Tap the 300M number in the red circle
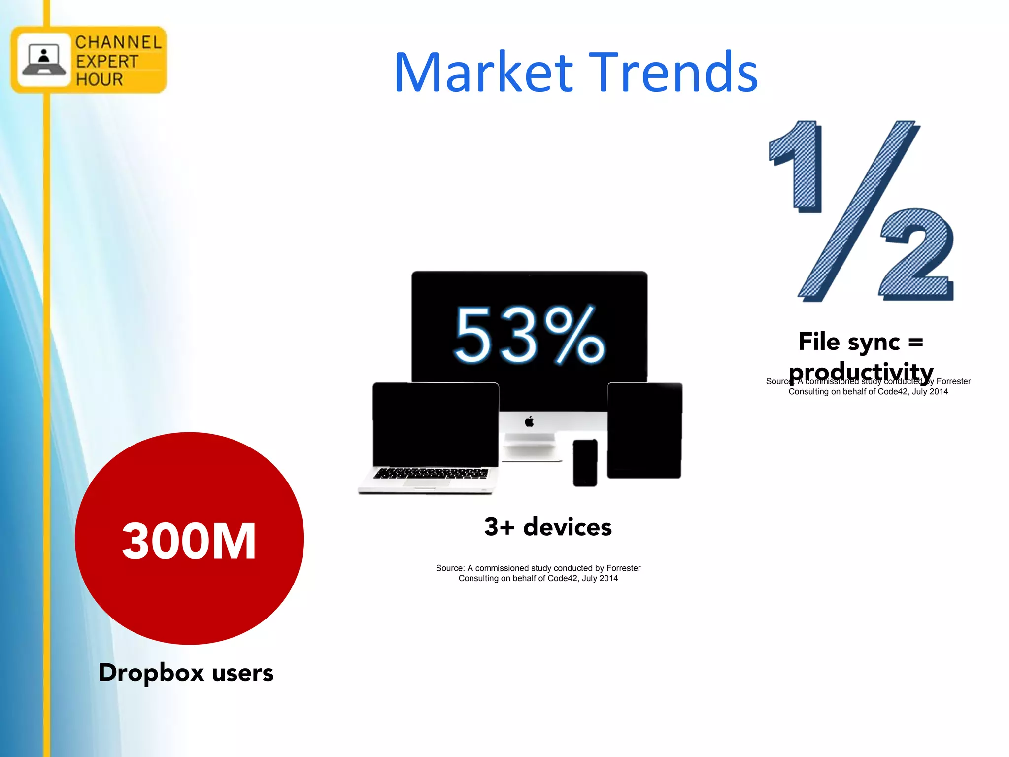pos(189,541)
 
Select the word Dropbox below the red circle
pos(151,673)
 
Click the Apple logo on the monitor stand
pos(529,422)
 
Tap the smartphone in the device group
pos(585,463)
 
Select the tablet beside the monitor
pos(644,430)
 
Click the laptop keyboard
pos(431,474)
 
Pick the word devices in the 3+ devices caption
pos(567,527)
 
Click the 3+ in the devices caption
pos(499,527)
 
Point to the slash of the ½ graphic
pos(858,209)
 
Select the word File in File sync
pos(819,342)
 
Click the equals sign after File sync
pos(915,342)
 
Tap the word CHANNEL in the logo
pos(118,43)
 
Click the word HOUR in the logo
pos(99,79)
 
